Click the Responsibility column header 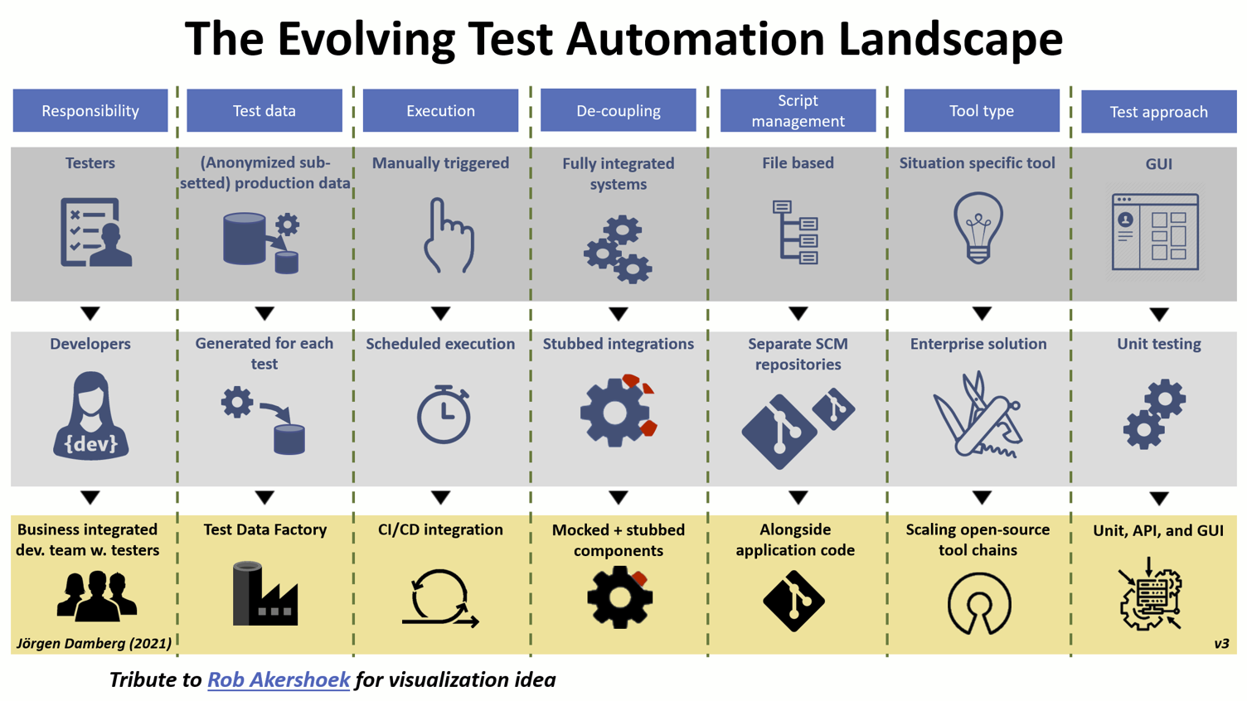click(x=90, y=110)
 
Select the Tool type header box click(x=982, y=110)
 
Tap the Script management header click(x=798, y=110)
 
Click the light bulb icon click(x=978, y=228)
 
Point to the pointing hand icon click(x=449, y=234)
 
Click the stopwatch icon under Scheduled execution click(x=444, y=414)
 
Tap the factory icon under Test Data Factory click(x=265, y=593)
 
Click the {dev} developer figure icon click(x=90, y=416)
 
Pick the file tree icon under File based click(x=795, y=232)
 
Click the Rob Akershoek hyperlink click(x=279, y=679)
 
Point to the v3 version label click(x=1221, y=644)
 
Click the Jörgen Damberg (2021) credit click(x=94, y=643)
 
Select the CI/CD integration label click(x=440, y=529)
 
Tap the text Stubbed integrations click(x=618, y=344)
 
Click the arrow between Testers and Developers click(x=90, y=313)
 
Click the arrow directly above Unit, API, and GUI click(x=1159, y=499)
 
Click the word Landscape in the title click(x=950, y=39)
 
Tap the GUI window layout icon click(x=1155, y=232)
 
